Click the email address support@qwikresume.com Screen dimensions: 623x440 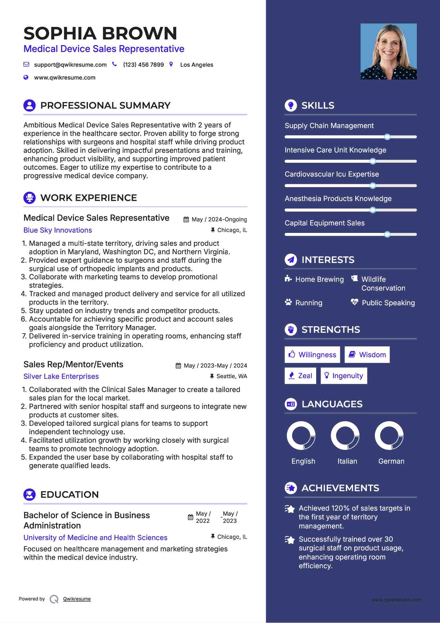[70, 65]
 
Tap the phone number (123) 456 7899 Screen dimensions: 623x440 [143, 65]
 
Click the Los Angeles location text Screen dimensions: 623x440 [196, 65]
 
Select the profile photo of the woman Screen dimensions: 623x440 [388, 51]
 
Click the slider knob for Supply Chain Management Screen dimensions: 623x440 [387, 137]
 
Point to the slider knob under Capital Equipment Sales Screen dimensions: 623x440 [387, 234]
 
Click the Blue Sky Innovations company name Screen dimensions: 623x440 [58, 230]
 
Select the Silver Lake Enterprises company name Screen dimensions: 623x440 [61, 376]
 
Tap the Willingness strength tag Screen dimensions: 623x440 [312, 355]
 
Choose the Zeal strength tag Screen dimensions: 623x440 [300, 376]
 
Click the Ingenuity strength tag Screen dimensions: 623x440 [344, 376]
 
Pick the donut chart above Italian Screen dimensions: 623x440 [345, 435]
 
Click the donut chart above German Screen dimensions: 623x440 [389, 435]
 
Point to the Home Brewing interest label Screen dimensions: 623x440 [319, 279]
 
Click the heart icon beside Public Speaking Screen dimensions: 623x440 [354, 302]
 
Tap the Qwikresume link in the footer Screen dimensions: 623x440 [77, 599]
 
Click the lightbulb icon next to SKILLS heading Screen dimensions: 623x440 [291, 106]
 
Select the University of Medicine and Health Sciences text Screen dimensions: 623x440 [95, 538]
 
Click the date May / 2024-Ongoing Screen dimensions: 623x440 [219, 219]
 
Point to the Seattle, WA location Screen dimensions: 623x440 [231, 376]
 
